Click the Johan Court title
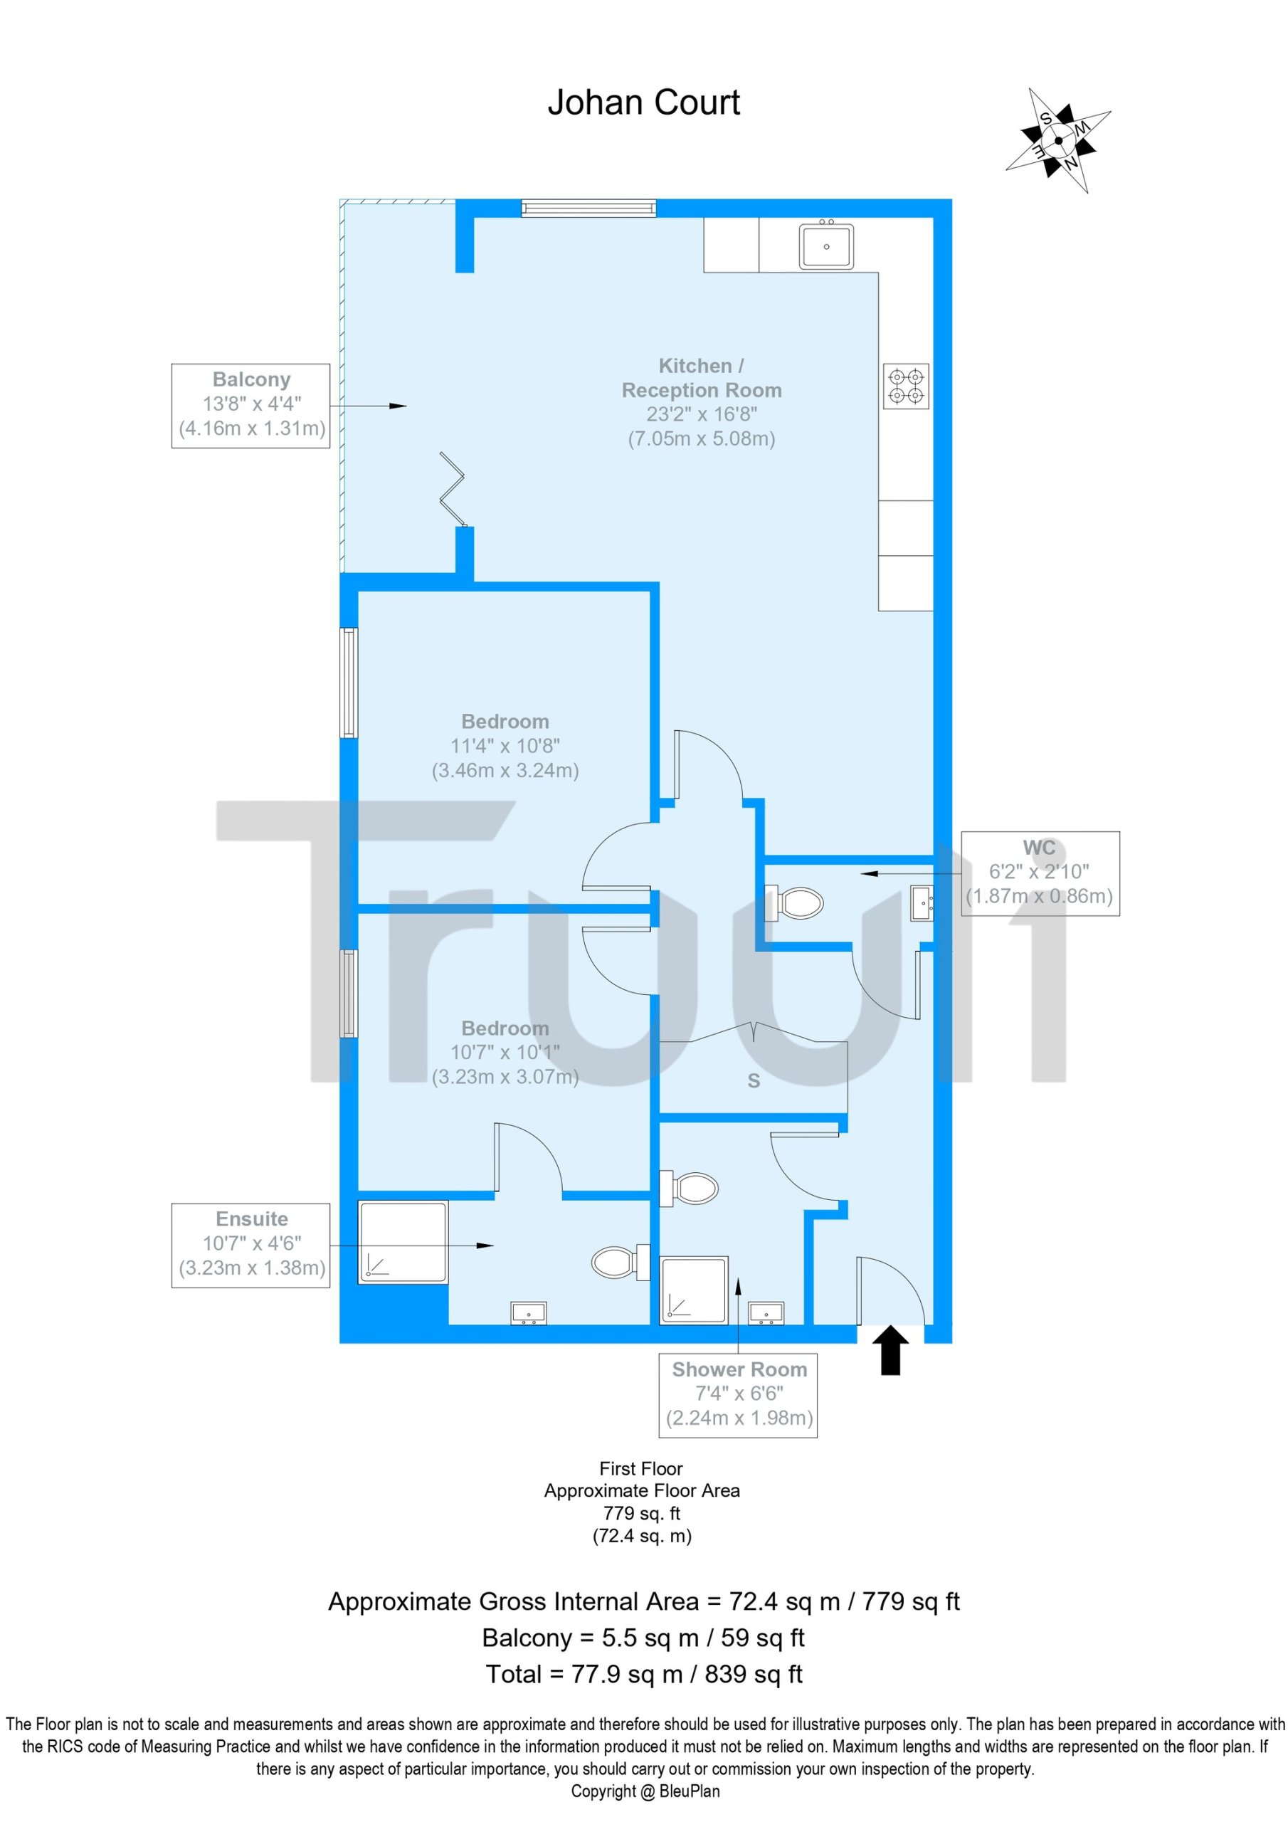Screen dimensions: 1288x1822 click(643, 103)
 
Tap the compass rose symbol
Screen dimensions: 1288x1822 click(1059, 140)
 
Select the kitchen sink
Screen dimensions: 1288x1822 click(826, 246)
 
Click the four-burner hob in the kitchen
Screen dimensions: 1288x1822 click(907, 386)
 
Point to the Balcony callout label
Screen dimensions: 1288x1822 click(250, 406)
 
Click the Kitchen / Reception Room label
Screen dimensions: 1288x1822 click(702, 378)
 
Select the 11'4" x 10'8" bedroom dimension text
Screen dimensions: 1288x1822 click(505, 745)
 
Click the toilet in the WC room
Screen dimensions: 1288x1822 click(793, 902)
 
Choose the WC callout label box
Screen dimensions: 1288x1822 click(1040, 873)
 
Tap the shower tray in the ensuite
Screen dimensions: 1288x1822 click(403, 1242)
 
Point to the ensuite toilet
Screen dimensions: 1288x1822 click(622, 1261)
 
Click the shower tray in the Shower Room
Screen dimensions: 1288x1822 click(695, 1290)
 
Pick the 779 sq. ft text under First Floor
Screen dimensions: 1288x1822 click(641, 1513)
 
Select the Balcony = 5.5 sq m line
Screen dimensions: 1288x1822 click(643, 1637)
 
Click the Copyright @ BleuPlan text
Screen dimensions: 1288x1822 click(645, 1790)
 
